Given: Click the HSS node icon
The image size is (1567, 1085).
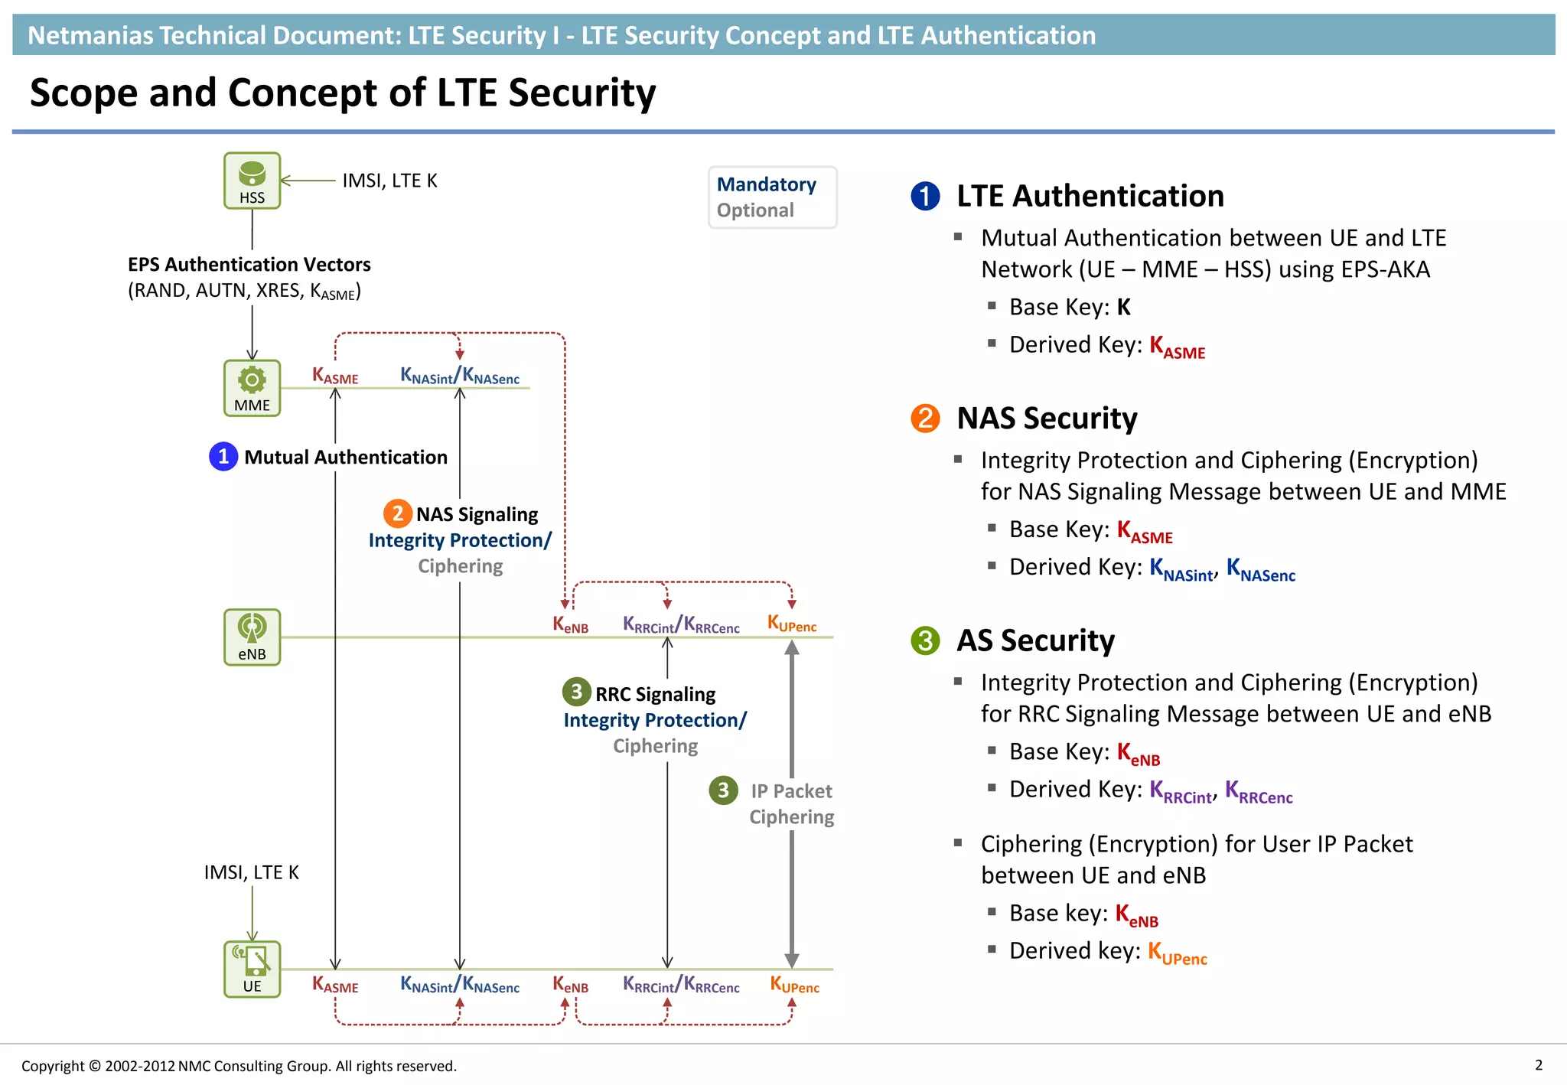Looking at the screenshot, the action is [252, 180].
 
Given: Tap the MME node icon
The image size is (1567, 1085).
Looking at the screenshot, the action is [252, 388].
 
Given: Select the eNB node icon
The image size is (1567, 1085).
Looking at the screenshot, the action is [252, 637].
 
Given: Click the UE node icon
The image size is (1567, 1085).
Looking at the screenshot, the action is [252, 969].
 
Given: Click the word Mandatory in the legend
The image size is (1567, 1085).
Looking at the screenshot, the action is [766, 184].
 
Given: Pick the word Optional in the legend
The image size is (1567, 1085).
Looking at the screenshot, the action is [755, 210].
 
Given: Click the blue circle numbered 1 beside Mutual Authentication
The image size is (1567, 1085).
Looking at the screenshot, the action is [223, 457].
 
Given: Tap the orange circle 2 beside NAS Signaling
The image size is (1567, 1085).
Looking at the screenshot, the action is [397, 513].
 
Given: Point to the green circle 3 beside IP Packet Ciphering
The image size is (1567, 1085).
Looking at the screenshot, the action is [723, 790].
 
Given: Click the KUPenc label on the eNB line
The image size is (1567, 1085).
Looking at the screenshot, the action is [792, 624].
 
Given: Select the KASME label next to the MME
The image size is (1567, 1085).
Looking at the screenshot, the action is [335, 376].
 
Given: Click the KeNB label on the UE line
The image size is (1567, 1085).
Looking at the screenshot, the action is [571, 985].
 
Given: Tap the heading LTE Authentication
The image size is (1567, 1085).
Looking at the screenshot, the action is [1090, 197].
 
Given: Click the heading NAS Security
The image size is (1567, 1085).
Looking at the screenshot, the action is [1047, 419].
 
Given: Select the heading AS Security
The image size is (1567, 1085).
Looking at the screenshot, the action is [1035, 640].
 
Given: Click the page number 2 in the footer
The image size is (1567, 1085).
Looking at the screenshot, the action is [1539, 1065].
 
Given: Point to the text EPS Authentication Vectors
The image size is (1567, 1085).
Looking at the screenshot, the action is [249, 265].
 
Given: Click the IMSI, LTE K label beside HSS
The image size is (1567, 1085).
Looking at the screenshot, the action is [389, 181].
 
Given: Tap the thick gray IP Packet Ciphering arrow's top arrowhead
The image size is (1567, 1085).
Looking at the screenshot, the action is [792, 647].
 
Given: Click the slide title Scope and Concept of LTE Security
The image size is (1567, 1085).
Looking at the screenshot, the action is [343, 93].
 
